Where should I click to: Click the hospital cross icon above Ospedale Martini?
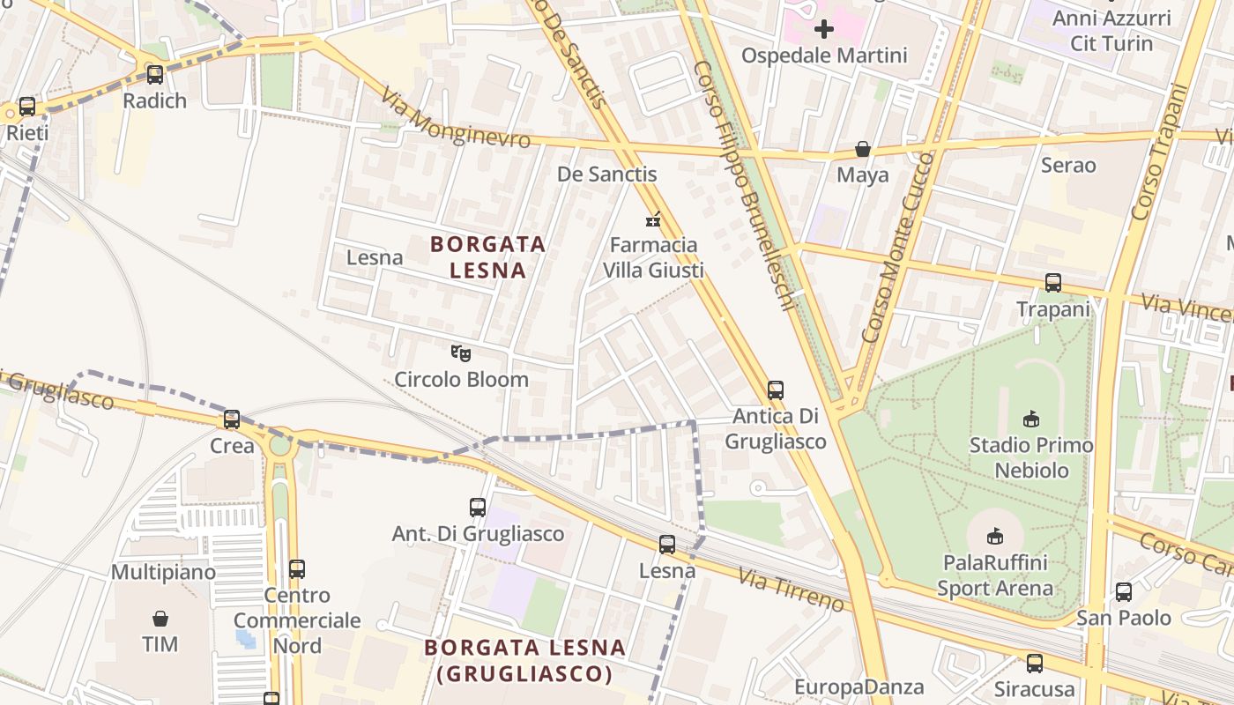[x=824, y=29]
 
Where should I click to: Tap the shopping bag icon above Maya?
[x=863, y=150]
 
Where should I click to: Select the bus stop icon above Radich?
[x=155, y=75]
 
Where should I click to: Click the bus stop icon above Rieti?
[x=27, y=107]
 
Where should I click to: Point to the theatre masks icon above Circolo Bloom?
[x=460, y=353]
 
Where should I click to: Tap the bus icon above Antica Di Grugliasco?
[x=776, y=390]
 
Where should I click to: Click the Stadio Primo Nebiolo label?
[x=1030, y=457]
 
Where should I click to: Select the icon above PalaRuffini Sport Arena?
[x=995, y=536]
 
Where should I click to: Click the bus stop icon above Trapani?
[x=1053, y=283]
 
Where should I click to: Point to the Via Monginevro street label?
[x=455, y=118]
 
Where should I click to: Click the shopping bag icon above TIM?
[x=160, y=619]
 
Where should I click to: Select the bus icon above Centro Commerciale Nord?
[x=297, y=569]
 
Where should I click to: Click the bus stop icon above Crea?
[x=232, y=419]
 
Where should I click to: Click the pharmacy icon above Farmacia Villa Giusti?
[x=653, y=219]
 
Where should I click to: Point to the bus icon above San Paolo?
[x=1124, y=592]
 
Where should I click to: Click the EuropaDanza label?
[x=859, y=687]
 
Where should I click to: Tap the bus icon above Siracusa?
[x=1035, y=663]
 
